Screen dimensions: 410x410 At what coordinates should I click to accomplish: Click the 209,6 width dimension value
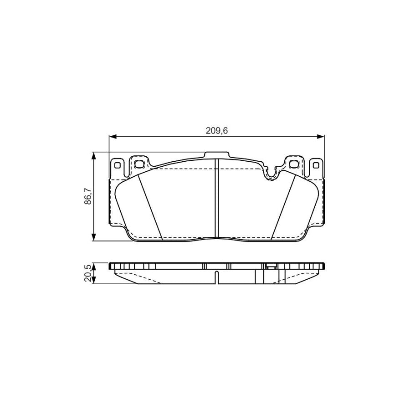click(x=217, y=131)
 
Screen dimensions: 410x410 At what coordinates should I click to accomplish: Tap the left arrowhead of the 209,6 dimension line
click(x=112, y=136)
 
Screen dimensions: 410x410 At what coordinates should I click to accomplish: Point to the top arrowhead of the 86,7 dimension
click(x=94, y=155)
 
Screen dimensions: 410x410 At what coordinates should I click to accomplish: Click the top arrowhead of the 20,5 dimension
click(x=94, y=265)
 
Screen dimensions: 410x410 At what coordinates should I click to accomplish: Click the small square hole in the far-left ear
click(x=117, y=165)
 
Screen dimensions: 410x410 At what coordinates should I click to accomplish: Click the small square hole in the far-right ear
click(x=316, y=165)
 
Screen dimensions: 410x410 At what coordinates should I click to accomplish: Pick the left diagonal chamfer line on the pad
click(x=150, y=207)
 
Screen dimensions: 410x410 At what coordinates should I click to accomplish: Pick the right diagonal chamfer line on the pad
click(x=282, y=207)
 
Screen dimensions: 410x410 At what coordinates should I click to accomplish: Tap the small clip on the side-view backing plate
click(x=270, y=267)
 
